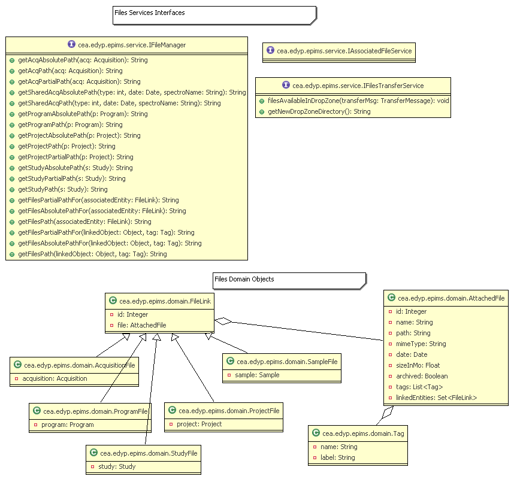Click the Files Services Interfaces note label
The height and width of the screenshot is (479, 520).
[150, 13]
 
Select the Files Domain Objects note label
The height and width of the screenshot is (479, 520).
[244, 279]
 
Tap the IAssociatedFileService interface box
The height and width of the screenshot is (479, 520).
[339, 51]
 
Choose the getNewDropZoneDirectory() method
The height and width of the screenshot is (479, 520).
[319, 111]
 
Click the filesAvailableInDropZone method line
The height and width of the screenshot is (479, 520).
[358, 101]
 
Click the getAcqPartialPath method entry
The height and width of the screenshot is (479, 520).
[79, 81]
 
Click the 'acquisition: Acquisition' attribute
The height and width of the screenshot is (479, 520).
[55, 378]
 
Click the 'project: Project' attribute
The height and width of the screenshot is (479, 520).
[195, 424]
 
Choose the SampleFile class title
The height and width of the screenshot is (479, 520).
[282, 362]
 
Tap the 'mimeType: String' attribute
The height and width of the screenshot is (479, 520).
[421, 344]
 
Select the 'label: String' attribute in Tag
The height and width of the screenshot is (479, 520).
[338, 457]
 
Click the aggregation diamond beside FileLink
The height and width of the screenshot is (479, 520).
[223, 322]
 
